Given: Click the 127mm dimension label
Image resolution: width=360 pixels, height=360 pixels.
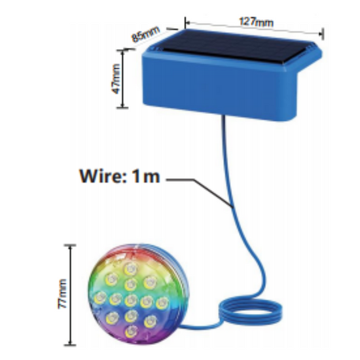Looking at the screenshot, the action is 256,22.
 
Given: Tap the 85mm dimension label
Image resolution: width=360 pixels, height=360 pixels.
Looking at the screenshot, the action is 145,34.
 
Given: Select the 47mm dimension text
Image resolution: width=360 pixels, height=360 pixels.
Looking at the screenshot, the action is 116,79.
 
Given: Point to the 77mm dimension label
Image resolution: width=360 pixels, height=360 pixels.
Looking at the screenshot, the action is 62,294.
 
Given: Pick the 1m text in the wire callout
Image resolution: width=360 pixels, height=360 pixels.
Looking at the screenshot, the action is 146,176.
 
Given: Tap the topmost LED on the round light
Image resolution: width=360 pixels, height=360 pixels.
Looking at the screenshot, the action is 131,268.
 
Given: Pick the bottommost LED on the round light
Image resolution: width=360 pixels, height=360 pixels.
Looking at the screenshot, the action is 131,331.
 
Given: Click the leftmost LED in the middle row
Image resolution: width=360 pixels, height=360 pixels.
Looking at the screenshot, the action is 100,298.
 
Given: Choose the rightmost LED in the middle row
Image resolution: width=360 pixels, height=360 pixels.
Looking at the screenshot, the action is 162,303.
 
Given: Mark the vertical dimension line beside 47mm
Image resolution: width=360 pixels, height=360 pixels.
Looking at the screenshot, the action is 122,79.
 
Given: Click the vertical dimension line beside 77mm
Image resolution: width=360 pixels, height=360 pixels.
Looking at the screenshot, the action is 71,295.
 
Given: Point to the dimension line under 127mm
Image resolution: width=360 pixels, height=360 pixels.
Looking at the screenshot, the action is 254,28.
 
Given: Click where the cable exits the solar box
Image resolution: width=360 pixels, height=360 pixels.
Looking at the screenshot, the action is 223,117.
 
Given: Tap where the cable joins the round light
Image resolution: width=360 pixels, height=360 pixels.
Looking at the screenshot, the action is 181,326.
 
